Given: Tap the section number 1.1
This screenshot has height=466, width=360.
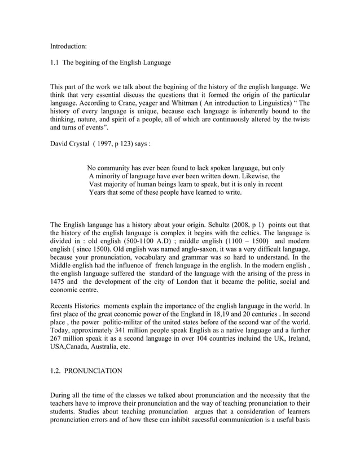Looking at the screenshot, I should point(55,62).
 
